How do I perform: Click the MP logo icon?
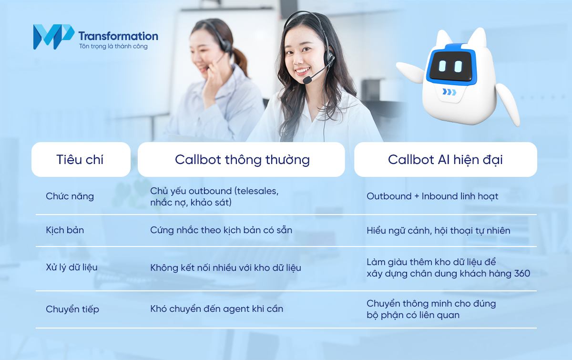[53, 37]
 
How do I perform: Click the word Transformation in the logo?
[118, 36]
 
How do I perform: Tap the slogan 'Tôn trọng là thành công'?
[113, 47]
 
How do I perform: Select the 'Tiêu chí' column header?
[80, 159]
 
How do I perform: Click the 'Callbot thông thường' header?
[242, 159]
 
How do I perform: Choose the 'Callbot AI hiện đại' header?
[445, 159]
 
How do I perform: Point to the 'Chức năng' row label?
[70, 196]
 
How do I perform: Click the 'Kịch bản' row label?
[65, 230]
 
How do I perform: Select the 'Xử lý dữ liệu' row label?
[71, 267]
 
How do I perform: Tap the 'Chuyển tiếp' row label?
[72, 309]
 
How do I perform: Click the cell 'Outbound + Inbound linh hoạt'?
[432, 196]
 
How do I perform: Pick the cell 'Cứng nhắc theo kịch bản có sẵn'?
[221, 230]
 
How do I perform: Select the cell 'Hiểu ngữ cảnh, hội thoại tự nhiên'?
[438, 230]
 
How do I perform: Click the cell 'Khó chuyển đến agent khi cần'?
[216, 309]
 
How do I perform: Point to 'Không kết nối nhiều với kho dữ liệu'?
[225, 267]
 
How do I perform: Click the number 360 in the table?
[521, 274]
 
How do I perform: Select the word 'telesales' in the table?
[255, 191]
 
